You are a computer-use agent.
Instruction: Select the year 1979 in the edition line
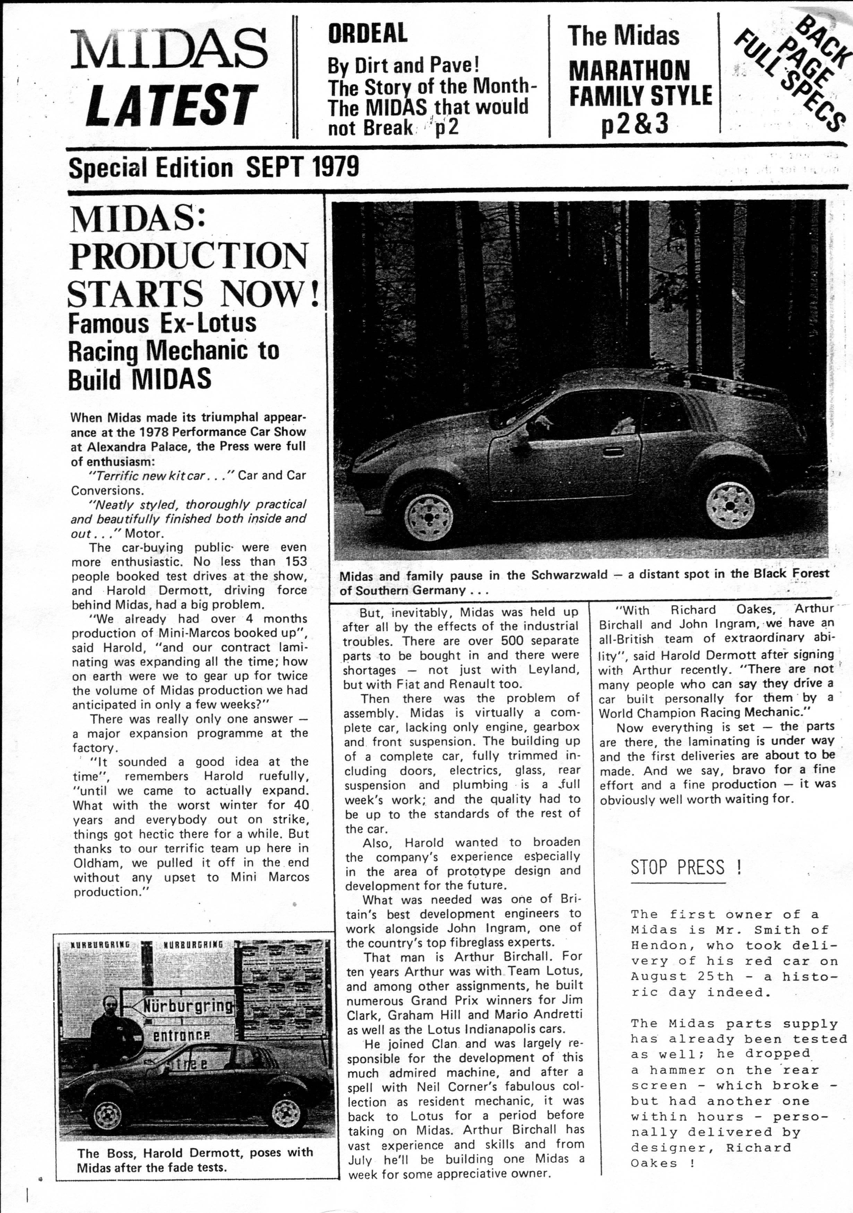coord(336,167)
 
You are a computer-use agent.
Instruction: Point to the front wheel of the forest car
coord(428,510)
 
